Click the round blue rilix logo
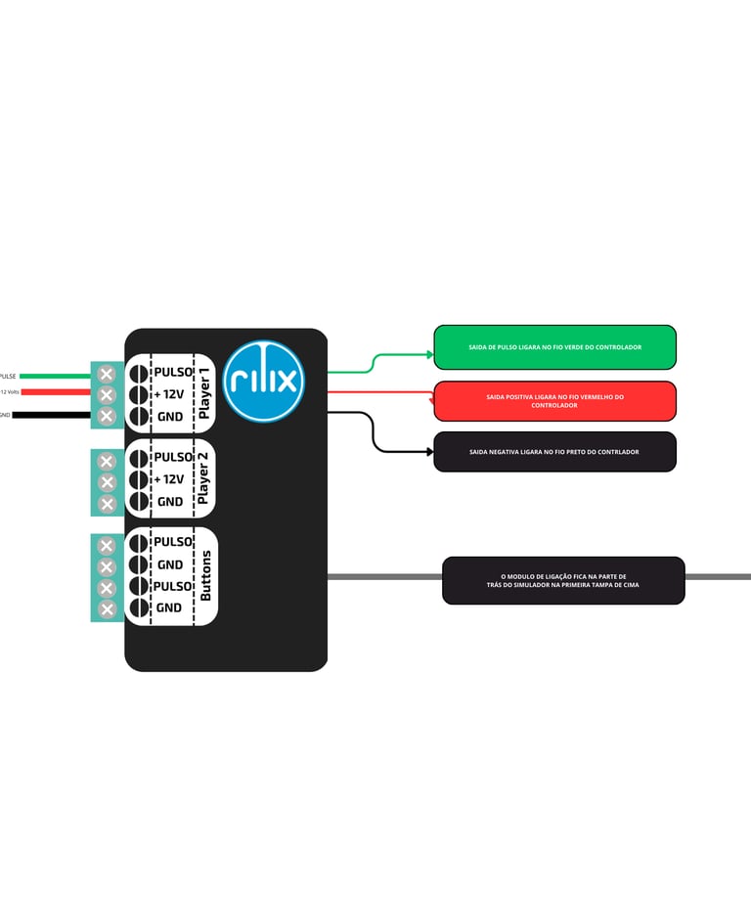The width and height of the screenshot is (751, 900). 264,381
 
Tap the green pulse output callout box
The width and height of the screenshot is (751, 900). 554,347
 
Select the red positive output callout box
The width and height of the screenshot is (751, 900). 554,401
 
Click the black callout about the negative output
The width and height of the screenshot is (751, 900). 554,452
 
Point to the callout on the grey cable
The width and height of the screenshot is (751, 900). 563,580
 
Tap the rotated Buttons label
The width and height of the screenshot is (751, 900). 205,575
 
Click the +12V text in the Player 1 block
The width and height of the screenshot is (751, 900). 169,394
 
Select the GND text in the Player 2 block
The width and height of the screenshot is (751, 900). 170,502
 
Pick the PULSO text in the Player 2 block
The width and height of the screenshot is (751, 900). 173,457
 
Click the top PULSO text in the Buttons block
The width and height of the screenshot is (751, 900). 173,542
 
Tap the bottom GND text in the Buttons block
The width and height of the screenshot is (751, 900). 169,607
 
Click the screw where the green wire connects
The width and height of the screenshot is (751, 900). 108,374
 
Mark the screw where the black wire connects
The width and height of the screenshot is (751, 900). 108,417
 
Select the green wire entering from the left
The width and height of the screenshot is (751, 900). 54,375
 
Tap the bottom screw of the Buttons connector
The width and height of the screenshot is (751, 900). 108,608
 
